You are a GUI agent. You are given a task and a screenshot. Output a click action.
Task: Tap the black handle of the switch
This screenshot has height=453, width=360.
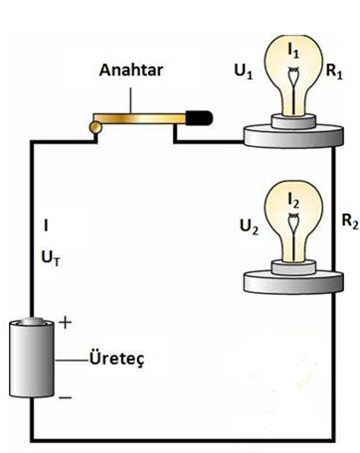(x=198, y=117)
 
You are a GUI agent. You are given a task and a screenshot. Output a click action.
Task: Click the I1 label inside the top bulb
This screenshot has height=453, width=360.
(x=292, y=47)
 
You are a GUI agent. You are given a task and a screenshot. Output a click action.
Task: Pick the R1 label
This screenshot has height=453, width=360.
(x=334, y=74)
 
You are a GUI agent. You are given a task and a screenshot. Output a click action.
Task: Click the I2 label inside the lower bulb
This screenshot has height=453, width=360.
(x=291, y=201)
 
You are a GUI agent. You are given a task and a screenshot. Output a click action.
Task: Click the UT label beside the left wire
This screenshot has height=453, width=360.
(x=51, y=255)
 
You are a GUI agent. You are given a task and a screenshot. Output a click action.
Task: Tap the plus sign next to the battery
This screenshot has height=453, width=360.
(x=68, y=323)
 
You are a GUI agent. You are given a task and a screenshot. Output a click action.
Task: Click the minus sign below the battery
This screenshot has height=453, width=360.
(x=66, y=398)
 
